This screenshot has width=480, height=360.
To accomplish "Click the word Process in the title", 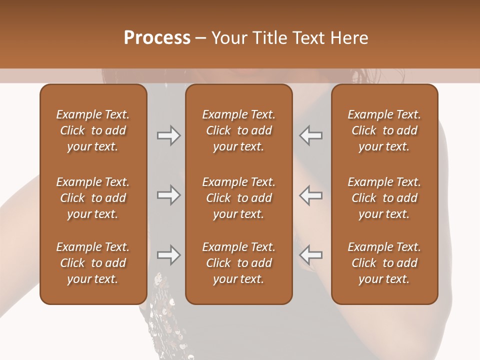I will (157, 38).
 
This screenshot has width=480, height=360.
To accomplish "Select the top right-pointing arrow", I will (168, 135).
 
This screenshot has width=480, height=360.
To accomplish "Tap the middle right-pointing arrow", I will (168, 195).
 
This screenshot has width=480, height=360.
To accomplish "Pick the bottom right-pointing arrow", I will (168, 255).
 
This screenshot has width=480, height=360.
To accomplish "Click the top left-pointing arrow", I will (311, 135).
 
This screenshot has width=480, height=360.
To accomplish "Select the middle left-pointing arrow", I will (311, 195).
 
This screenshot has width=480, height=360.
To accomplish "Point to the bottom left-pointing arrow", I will (311, 255).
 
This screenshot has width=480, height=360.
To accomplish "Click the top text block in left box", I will (93, 130).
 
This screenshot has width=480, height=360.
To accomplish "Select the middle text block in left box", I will (93, 198).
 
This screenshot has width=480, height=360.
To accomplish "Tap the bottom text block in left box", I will (93, 263).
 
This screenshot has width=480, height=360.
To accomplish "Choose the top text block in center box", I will (238, 130).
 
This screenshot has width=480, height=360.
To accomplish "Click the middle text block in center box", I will (238, 198).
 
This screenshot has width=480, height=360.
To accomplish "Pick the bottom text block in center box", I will (238, 263).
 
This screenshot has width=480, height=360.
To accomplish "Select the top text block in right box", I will (384, 130).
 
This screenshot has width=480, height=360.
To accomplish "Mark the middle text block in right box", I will (384, 198).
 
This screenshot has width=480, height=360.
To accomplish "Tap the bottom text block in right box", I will (384, 263).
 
